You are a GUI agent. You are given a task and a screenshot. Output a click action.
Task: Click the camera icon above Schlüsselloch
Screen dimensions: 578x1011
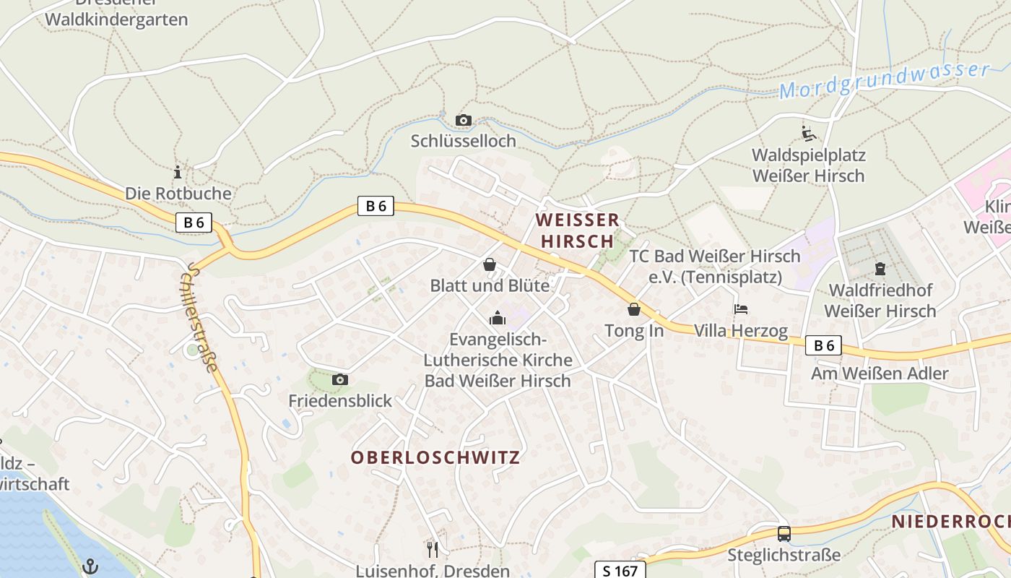[x=464, y=120]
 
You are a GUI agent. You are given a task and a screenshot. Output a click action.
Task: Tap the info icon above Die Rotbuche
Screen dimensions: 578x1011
[x=178, y=172]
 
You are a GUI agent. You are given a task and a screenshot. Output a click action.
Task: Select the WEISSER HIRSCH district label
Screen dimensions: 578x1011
[x=577, y=230]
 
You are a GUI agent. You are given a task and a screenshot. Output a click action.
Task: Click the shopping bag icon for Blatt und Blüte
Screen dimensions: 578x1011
[x=490, y=264]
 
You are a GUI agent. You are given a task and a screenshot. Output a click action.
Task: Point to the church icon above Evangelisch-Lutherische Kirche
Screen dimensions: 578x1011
[x=498, y=318]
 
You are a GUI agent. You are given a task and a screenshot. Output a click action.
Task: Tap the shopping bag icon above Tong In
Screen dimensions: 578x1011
[x=634, y=309]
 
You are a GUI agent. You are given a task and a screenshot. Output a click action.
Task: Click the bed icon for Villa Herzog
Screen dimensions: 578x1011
[x=740, y=309]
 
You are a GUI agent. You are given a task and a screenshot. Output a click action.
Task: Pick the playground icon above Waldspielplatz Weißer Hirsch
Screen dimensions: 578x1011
[x=809, y=134]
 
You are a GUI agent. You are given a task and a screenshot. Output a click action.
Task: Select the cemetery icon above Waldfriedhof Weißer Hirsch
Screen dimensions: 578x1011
[x=880, y=269]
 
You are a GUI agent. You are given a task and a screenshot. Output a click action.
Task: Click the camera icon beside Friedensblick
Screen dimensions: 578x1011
[x=339, y=379]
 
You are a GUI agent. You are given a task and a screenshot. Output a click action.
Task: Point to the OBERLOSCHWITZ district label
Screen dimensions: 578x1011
[x=435, y=457]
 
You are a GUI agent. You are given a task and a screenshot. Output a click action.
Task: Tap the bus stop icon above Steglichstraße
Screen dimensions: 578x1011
[x=784, y=534]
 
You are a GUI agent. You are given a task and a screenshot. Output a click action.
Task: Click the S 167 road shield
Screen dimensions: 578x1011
[x=620, y=570]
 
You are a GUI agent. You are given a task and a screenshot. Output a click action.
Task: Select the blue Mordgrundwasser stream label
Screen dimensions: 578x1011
[x=884, y=81]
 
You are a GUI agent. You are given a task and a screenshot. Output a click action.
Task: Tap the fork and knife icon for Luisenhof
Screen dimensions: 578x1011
[x=433, y=550]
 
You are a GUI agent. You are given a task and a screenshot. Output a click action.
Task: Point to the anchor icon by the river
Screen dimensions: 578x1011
[x=90, y=566]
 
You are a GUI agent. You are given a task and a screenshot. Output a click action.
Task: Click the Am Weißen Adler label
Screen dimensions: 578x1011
[x=879, y=374]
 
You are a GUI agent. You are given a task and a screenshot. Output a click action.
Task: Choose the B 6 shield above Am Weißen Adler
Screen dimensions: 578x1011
[x=824, y=345]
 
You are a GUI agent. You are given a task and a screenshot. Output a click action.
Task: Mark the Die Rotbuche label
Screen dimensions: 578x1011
[x=178, y=194]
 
